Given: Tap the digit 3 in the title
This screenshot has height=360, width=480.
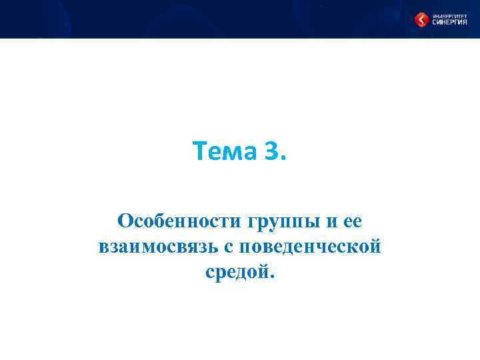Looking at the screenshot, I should coord(272,152).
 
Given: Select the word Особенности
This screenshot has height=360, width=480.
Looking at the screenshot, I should coord(178,221).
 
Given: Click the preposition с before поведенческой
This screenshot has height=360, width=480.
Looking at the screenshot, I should coord(229,247).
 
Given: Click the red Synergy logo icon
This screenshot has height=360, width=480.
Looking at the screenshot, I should coord(422,19).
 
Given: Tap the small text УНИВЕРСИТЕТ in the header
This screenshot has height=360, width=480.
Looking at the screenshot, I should coord(449,14).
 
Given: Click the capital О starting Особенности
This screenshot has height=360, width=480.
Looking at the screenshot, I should coord(124,220).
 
